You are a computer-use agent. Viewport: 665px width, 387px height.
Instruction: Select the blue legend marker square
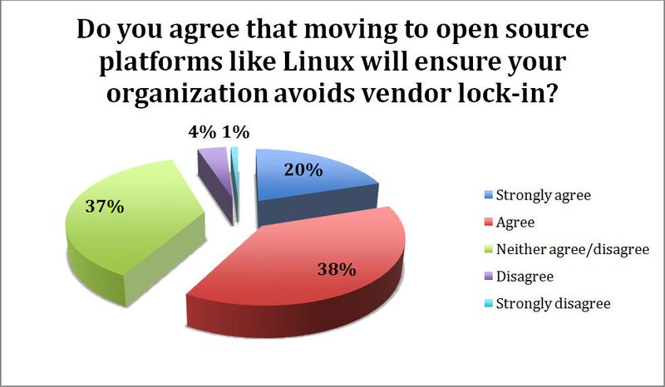coord(487,197)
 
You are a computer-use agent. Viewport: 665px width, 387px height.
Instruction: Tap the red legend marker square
coord(487,223)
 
